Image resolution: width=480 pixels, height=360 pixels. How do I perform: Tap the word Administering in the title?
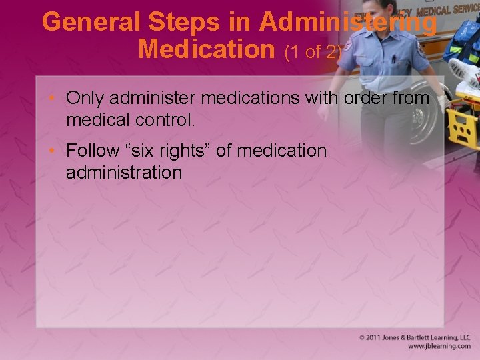tap(348, 22)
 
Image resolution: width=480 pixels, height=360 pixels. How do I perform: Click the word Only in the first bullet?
tap(86, 99)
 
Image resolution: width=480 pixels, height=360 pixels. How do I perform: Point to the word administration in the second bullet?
tap(124, 173)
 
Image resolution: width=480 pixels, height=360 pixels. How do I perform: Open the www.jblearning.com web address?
tap(439, 347)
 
